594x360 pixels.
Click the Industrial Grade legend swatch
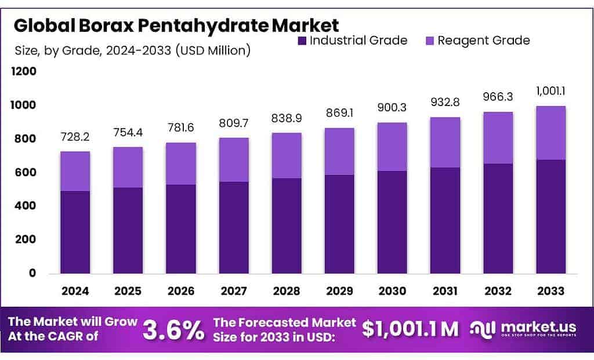302,41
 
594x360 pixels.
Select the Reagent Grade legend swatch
430,41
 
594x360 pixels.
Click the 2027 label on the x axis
234,290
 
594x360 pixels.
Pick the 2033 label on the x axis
550,290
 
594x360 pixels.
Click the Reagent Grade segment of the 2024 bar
75,171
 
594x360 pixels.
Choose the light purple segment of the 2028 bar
287,155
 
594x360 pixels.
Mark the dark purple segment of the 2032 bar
498,218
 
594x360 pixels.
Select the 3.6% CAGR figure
173,330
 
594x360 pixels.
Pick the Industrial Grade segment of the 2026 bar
181,229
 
